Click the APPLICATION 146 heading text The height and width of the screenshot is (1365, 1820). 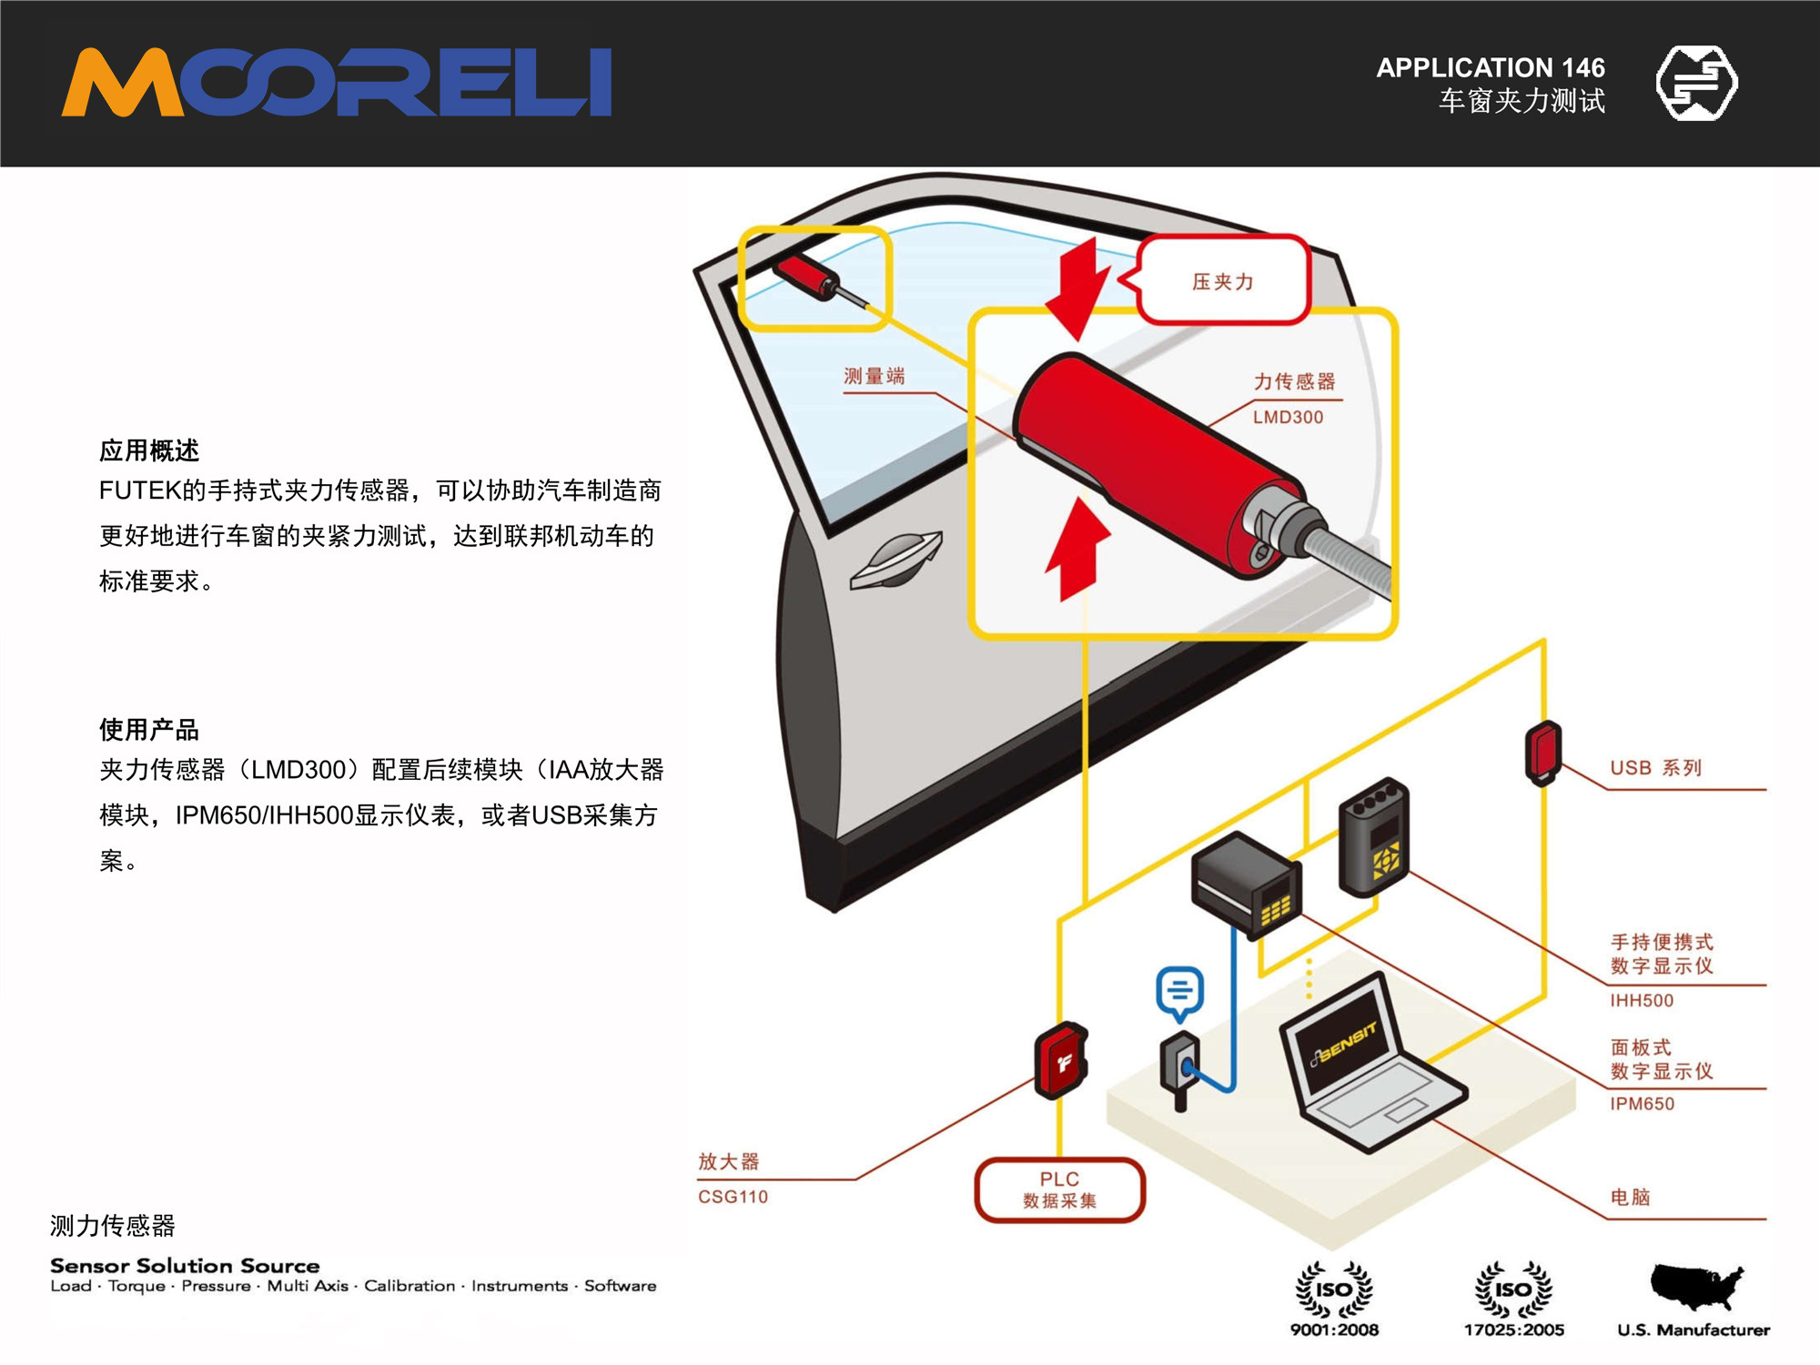pos(1490,67)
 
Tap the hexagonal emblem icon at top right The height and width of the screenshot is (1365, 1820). pos(1696,83)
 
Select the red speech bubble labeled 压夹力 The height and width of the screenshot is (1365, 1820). pos(1222,280)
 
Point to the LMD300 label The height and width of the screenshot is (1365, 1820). pos(1288,418)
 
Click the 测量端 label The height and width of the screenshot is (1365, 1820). pos(874,376)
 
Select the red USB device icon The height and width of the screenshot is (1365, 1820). pos(1543,753)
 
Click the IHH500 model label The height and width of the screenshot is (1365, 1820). pos(1642,1001)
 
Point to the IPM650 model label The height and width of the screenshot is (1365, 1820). pos(1642,1104)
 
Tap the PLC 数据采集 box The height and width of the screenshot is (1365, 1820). pos(1059,1189)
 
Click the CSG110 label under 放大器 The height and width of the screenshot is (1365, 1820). pos(733,1197)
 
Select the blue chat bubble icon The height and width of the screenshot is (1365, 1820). pos(1180,992)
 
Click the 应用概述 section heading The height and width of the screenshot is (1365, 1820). pos(148,450)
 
